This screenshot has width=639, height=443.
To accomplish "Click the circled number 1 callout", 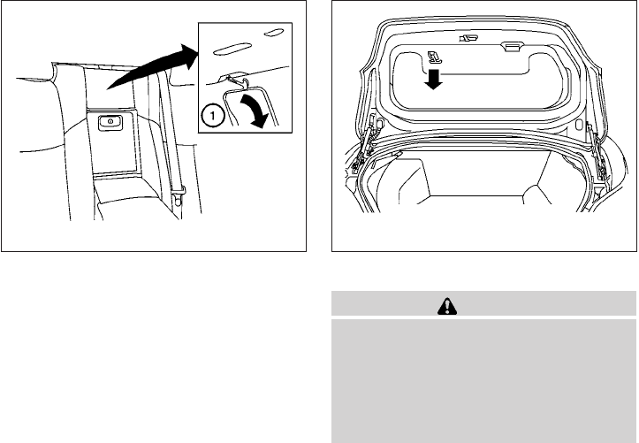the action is [212, 116].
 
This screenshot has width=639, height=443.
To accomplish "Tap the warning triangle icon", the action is [447, 307].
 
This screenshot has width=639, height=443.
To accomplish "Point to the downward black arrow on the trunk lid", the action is [433, 79].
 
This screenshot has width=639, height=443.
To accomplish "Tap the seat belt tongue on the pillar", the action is [178, 195].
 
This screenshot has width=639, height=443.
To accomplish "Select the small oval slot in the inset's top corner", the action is [274, 33].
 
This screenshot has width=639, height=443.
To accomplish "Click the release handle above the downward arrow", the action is [435, 57].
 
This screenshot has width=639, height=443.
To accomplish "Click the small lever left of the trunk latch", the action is [468, 38].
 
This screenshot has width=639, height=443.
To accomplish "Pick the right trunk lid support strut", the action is [597, 150].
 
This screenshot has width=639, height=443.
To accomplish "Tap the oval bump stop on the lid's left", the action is [379, 122].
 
